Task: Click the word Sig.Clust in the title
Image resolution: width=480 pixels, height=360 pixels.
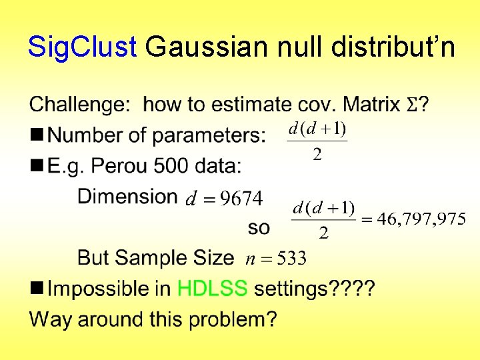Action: [82, 47]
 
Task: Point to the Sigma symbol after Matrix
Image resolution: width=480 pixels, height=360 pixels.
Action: [413, 105]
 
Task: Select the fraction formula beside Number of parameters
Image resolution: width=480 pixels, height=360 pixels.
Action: [317, 141]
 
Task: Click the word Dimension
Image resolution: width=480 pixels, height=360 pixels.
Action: [127, 196]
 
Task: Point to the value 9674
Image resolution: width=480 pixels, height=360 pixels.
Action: [242, 198]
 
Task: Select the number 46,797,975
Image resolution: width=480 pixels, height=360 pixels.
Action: [421, 219]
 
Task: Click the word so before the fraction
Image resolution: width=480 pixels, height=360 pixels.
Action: [259, 227]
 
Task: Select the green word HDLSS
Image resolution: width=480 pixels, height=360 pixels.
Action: [212, 289]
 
